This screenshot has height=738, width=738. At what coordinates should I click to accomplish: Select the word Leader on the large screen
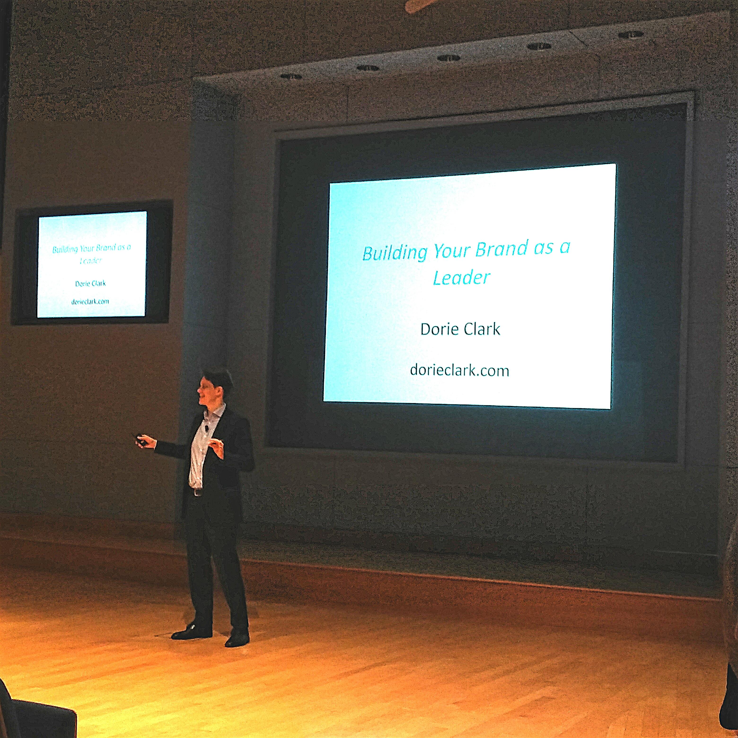click(461, 278)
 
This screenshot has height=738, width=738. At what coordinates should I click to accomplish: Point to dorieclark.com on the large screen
click(460, 370)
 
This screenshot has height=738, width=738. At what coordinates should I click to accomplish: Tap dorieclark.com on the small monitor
click(90, 301)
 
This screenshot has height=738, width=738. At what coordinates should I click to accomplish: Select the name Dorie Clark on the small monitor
click(91, 283)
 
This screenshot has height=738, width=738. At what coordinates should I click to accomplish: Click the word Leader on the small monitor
click(91, 260)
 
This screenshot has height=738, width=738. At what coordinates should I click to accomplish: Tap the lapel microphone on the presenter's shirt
click(206, 429)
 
